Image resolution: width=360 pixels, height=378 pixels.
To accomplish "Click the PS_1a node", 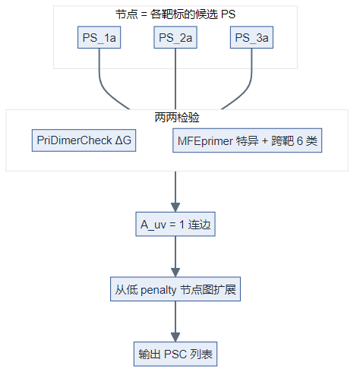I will pos(99,38).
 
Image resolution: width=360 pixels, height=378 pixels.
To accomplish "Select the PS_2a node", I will pos(176,38).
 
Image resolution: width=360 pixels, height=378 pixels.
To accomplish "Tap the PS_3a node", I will pos(252,38).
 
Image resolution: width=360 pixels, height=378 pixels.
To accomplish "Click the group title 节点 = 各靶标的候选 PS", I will pos(175,14).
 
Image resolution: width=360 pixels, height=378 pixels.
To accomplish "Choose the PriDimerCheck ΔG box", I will pos(84,141).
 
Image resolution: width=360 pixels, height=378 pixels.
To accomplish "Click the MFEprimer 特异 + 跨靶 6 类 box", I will pos(248,141).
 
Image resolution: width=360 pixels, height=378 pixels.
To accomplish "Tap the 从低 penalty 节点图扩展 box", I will pos(176,288).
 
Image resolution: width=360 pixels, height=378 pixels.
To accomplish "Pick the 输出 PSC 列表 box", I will pos(176,354).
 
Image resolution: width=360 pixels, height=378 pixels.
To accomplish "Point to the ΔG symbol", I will pos(123,141).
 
